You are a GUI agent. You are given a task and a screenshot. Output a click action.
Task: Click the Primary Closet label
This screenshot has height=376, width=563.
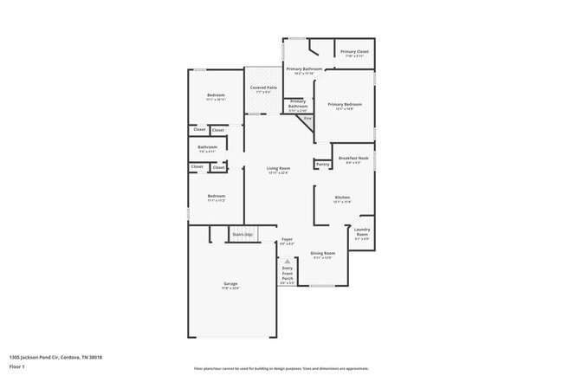click(x=353, y=52)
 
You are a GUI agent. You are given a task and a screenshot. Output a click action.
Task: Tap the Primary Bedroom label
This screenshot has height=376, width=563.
click(x=344, y=105)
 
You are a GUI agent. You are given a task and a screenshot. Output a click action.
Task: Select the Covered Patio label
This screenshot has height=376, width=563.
click(x=263, y=88)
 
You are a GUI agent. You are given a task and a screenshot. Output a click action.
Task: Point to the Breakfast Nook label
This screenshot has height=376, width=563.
click(x=354, y=158)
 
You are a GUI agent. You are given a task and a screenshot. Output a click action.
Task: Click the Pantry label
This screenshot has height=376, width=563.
click(x=322, y=164)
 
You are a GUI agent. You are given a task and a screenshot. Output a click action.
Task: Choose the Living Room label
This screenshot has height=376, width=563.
click(x=277, y=168)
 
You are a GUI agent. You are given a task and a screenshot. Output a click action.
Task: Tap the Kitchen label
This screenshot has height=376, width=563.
click(x=342, y=198)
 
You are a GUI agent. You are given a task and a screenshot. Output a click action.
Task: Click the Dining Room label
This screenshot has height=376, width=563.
click(x=322, y=252)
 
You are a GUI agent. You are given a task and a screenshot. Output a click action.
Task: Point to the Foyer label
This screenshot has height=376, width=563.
click(x=288, y=239)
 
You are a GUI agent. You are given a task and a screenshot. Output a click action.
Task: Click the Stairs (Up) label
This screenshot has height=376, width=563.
click(x=243, y=234)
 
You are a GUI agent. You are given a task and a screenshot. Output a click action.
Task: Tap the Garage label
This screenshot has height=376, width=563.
click(x=231, y=283)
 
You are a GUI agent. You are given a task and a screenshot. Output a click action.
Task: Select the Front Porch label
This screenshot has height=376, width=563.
click(x=288, y=276)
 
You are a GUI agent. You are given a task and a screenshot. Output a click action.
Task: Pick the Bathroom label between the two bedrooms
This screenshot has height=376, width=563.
click(x=207, y=147)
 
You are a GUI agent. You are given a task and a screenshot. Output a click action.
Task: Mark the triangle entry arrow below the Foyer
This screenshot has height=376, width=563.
click(x=288, y=259)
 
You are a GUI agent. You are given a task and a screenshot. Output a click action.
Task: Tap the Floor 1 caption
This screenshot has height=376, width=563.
click(x=17, y=368)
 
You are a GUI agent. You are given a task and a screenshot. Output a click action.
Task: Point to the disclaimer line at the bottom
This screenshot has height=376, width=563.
click(x=281, y=368)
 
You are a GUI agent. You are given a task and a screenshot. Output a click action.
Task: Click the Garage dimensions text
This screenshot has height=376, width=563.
click(x=231, y=288)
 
